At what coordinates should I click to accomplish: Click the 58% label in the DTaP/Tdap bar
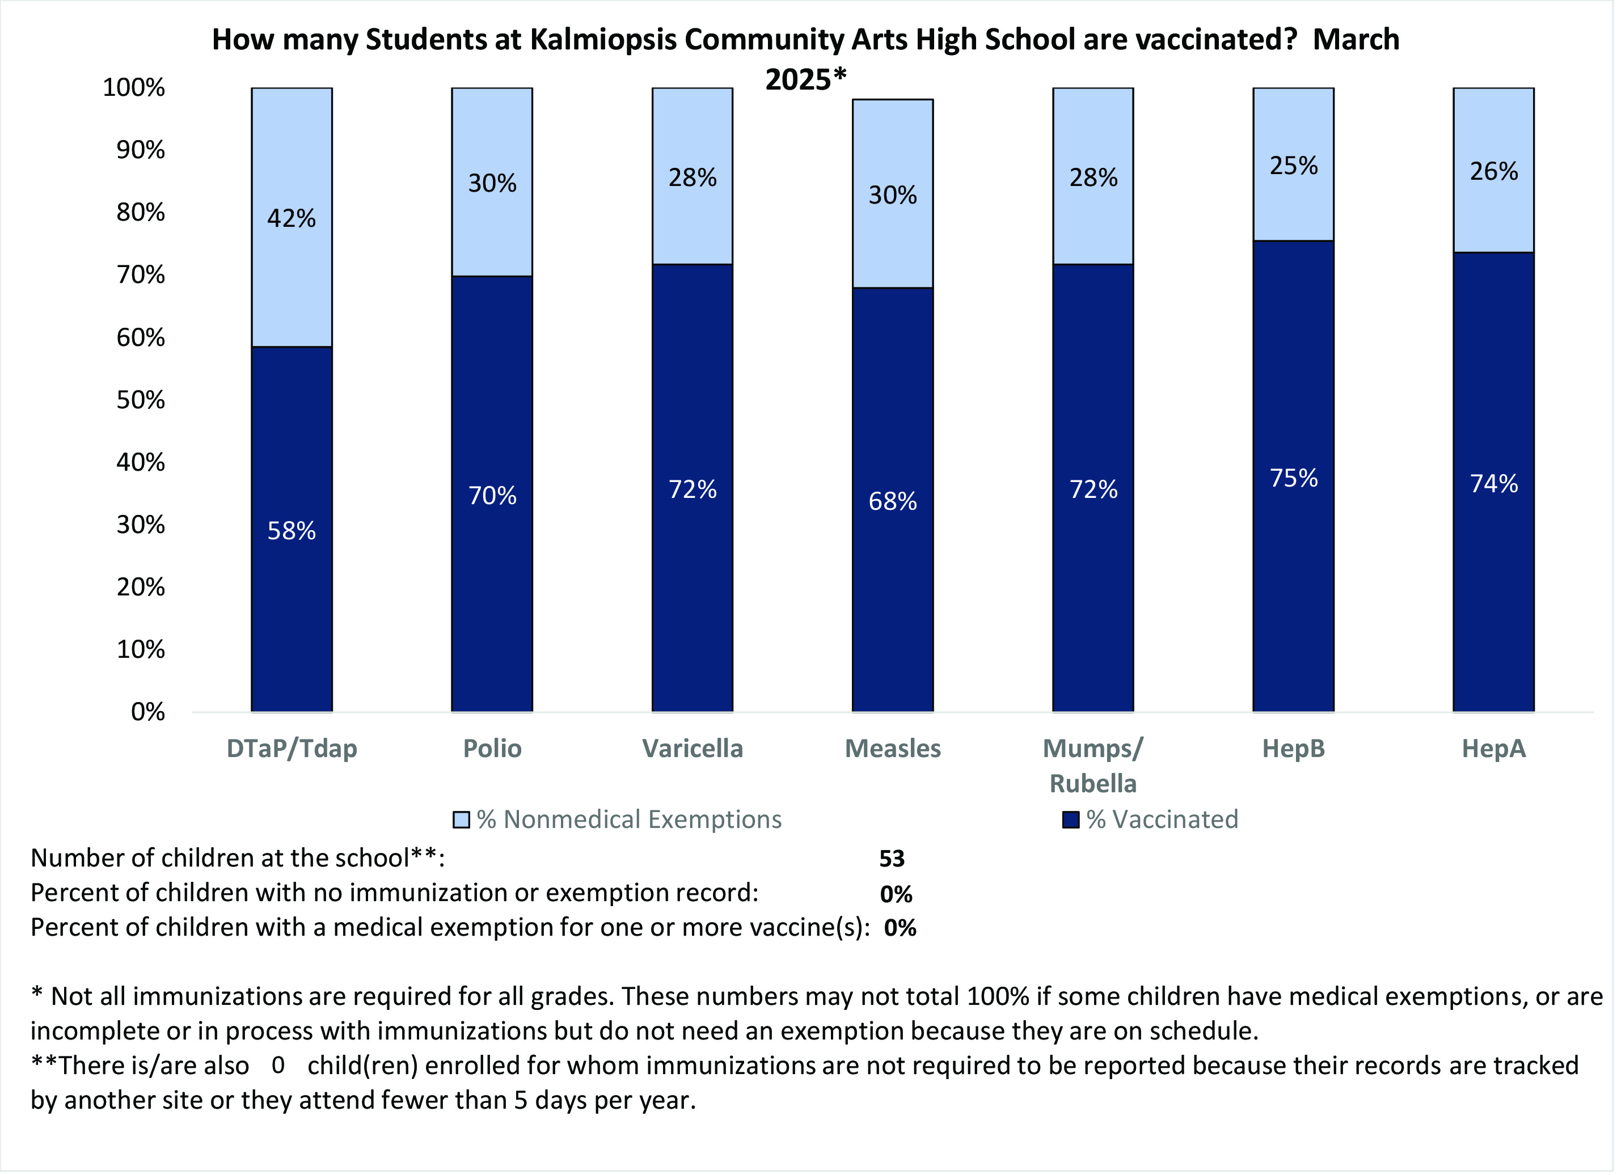(291, 531)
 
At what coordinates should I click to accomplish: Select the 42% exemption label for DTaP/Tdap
(291, 218)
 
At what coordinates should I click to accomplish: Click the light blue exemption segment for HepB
(1293, 207)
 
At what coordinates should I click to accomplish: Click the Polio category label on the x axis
(492, 749)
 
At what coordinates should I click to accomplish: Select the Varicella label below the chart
(693, 749)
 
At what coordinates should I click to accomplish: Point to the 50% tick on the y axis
(141, 400)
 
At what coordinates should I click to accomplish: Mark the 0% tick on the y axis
(147, 712)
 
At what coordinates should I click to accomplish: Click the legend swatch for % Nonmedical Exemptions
(461, 820)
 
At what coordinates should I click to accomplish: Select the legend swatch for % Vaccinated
(1070, 820)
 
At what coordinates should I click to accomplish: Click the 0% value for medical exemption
(900, 928)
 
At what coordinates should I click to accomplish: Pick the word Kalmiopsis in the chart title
(603, 40)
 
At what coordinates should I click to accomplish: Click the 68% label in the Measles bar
(893, 502)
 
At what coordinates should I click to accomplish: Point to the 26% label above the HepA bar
(1494, 172)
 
